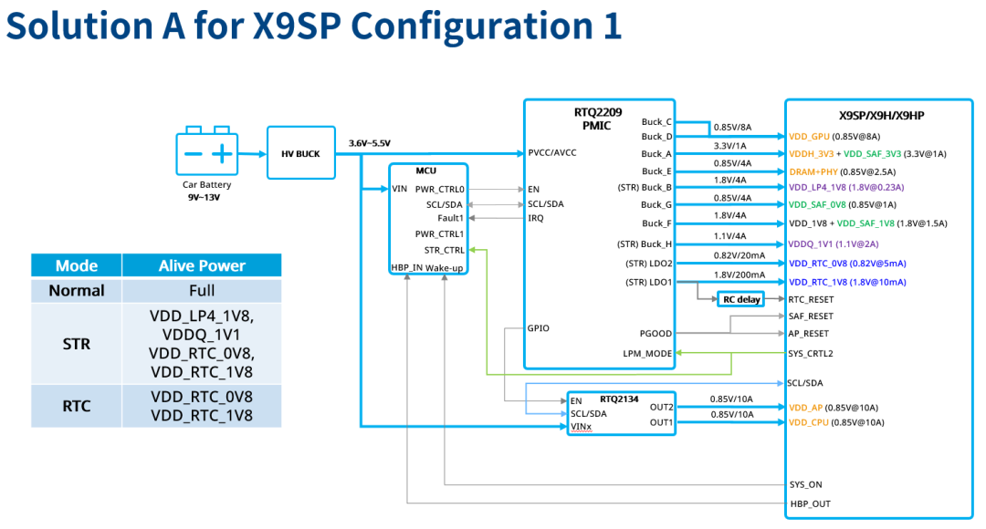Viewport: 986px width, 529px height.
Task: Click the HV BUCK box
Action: [x=296, y=154]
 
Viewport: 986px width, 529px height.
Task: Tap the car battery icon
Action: [x=206, y=150]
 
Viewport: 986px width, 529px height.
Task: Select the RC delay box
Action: [x=740, y=299]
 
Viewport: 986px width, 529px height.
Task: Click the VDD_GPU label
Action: [x=810, y=136]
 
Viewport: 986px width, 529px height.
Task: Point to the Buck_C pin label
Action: [x=656, y=121]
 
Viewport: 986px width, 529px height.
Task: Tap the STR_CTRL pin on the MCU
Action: [x=445, y=249]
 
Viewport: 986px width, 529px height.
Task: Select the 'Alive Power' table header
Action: [x=202, y=265]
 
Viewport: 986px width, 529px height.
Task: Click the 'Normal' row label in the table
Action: [x=77, y=291]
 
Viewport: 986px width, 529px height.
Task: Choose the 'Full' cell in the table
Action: [x=202, y=291]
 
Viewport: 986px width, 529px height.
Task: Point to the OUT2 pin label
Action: [x=661, y=408]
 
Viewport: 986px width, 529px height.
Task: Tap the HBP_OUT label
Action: [x=810, y=503]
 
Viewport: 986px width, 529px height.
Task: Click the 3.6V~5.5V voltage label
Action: [x=369, y=143]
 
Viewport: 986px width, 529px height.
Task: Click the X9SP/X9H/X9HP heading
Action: [x=881, y=116]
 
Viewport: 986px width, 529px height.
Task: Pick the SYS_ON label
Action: [x=805, y=485]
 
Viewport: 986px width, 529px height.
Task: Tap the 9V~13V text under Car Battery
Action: [x=206, y=196]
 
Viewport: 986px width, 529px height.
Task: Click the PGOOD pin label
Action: [x=656, y=334]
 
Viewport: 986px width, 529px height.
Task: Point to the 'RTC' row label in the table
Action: [x=77, y=406]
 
